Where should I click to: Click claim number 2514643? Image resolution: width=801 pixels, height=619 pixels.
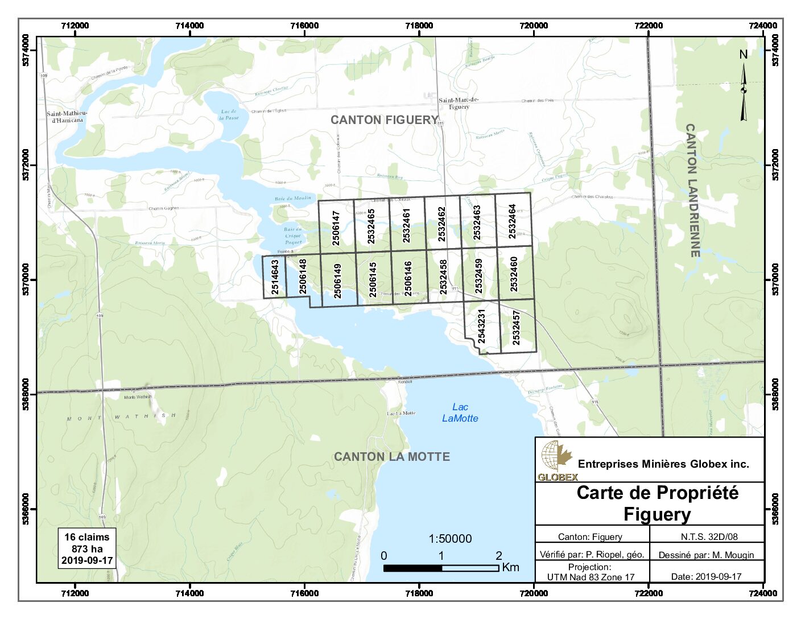(x=275, y=277)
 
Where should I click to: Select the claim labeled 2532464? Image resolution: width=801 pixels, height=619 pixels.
(x=513, y=221)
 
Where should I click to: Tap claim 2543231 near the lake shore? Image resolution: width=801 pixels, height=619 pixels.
(x=481, y=326)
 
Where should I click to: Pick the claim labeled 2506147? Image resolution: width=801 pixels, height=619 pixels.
(x=336, y=228)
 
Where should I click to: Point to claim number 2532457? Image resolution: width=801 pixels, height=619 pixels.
(x=516, y=328)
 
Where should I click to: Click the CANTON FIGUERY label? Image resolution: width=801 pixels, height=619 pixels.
(x=385, y=120)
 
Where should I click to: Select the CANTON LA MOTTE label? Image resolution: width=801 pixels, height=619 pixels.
(x=391, y=457)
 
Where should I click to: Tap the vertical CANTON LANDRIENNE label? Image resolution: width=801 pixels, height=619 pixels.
(x=692, y=191)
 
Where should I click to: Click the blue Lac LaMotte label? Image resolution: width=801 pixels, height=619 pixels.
(x=460, y=412)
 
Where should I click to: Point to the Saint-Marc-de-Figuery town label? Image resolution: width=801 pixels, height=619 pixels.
(x=459, y=103)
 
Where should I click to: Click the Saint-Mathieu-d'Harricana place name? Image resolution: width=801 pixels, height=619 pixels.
(x=67, y=117)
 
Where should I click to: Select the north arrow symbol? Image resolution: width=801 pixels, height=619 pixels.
(x=743, y=91)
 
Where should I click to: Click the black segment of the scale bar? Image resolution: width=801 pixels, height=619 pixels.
(x=412, y=568)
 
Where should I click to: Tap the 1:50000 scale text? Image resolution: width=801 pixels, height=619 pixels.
(x=450, y=539)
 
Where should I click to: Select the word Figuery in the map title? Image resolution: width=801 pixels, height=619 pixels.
(x=657, y=514)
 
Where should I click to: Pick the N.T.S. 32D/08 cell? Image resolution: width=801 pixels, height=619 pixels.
(x=709, y=537)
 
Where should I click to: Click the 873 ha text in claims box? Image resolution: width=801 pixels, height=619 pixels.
(x=87, y=549)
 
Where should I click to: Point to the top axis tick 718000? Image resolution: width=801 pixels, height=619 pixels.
(x=419, y=26)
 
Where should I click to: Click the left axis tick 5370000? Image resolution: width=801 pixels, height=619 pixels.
(x=26, y=279)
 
